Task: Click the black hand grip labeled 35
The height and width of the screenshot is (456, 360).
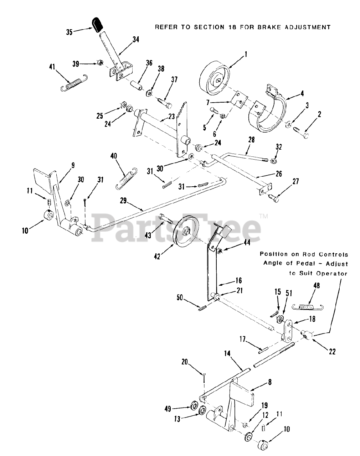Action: [96, 24]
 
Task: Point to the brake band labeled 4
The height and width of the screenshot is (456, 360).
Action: [271, 114]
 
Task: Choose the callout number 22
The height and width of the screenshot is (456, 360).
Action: [332, 352]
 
